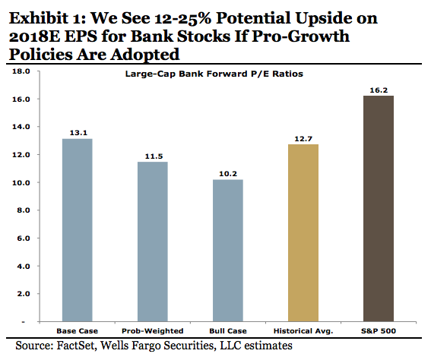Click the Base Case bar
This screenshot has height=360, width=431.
click(78, 230)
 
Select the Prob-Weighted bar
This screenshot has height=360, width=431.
click(153, 242)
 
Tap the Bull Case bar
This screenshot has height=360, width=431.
click(228, 251)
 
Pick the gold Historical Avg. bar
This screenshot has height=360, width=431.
click(303, 233)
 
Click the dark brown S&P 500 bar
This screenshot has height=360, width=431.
click(379, 209)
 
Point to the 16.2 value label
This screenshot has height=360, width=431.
click(379, 90)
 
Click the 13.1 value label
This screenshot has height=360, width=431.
click(78, 133)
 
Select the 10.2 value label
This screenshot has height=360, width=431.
click(228, 174)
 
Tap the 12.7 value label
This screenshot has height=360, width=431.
click(303, 139)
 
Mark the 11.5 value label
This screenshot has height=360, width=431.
click(154, 156)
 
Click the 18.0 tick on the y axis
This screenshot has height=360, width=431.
click(21, 71)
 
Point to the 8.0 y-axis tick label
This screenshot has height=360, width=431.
click(23, 210)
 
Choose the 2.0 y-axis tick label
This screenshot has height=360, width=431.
click(23, 294)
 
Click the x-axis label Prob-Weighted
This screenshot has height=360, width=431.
click(153, 331)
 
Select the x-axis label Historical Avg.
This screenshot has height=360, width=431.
click(303, 331)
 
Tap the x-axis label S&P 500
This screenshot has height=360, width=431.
click(379, 331)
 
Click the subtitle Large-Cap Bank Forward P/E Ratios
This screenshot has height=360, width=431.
click(214, 74)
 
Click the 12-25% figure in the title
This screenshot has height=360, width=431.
click(182, 18)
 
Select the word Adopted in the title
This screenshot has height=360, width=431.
click(145, 55)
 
